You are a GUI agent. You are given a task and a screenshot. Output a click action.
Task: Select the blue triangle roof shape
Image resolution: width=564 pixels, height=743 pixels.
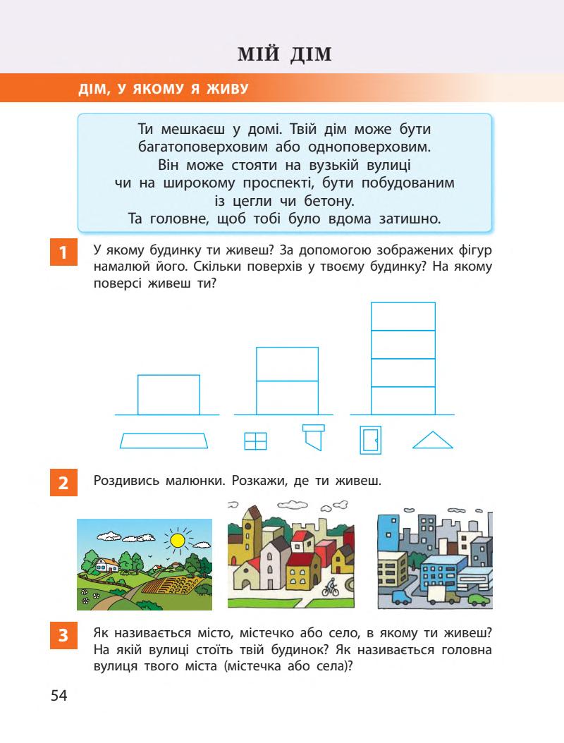click(x=432, y=441)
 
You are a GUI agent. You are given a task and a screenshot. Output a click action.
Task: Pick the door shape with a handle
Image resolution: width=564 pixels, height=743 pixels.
click(x=370, y=440)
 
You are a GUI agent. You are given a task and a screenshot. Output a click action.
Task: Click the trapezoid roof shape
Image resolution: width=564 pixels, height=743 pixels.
click(x=165, y=441)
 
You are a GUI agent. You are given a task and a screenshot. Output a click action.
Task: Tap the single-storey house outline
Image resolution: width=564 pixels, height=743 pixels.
click(x=168, y=395)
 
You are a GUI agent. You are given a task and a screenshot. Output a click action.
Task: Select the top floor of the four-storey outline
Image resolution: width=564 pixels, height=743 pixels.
click(x=403, y=316)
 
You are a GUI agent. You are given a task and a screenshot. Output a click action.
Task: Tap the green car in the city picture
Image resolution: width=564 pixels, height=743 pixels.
click(x=479, y=600)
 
